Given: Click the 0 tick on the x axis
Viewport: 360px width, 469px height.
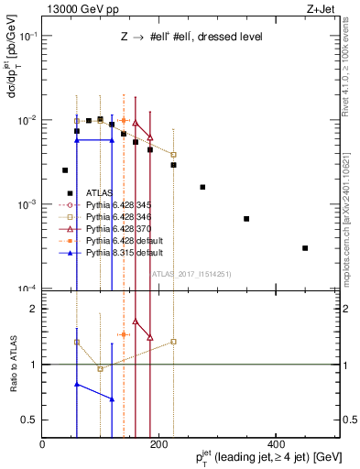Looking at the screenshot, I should coord(43,444).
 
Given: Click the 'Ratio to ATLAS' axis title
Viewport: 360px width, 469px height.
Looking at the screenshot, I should coord(12,364).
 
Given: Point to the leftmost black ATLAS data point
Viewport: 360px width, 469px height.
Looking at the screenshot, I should coord(65,170).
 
